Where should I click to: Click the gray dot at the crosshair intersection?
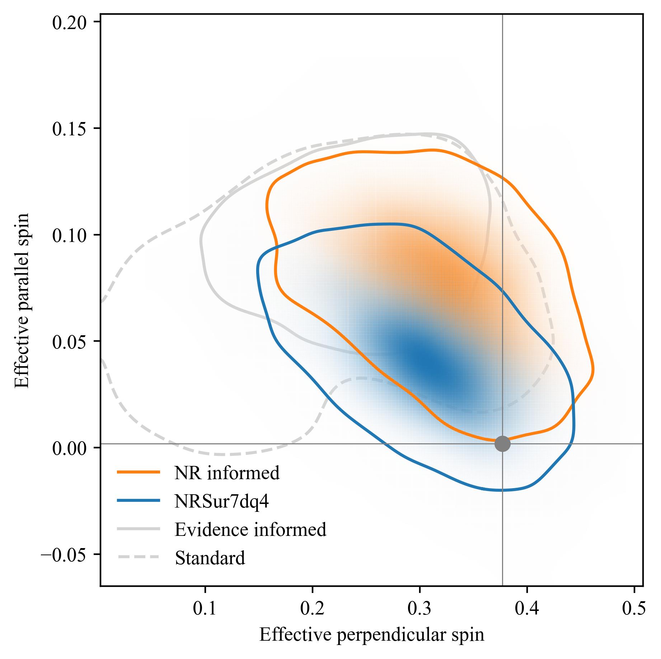pyautogui.click(x=502, y=444)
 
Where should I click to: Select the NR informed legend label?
pyautogui.click(x=227, y=473)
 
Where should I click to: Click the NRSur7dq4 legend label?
pyautogui.click(x=221, y=501)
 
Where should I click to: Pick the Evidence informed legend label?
pyautogui.click(x=250, y=529)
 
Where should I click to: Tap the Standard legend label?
pyautogui.click(x=210, y=558)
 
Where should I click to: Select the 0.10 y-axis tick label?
pyautogui.click(x=70, y=235)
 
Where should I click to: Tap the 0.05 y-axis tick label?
pyautogui.click(x=70, y=341)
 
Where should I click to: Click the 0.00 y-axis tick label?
pyautogui.click(x=70, y=448)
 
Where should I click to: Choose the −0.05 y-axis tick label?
pyautogui.click(x=65, y=554)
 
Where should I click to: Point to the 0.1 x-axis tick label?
pyautogui.click(x=205, y=609)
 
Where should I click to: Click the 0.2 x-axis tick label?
pyautogui.click(x=313, y=609)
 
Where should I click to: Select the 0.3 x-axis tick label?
pyautogui.click(x=419, y=609)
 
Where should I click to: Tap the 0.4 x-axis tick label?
pyautogui.click(x=527, y=609)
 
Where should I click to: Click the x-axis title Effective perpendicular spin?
pyautogui.click(x=371, y=635)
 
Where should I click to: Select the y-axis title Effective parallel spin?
pyautogui.click(x=22, y=300)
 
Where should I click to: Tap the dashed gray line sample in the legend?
pyautogui.click(x=138, y=557)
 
